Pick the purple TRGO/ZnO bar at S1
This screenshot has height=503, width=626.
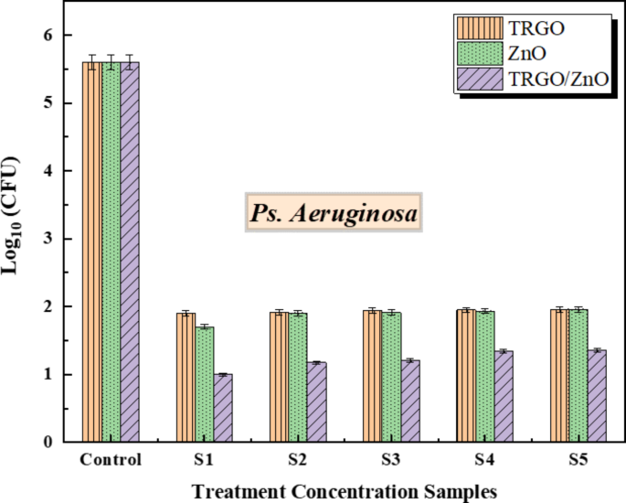tap(222, 408)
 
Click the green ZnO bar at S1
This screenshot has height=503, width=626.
tap(204, 384)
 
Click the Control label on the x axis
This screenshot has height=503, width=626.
tap(110, 459)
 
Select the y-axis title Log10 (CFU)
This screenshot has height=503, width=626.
tap(16, 239)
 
